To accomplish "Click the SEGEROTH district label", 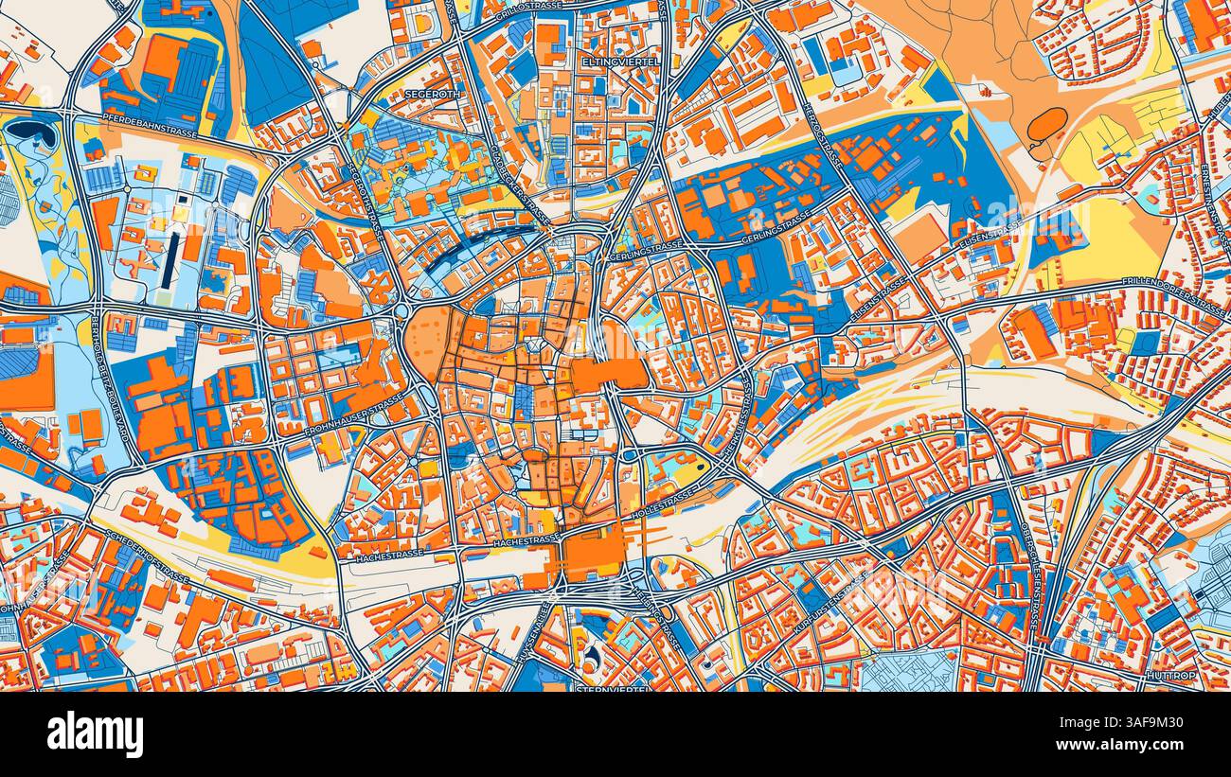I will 430,95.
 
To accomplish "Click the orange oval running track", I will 1045,124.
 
